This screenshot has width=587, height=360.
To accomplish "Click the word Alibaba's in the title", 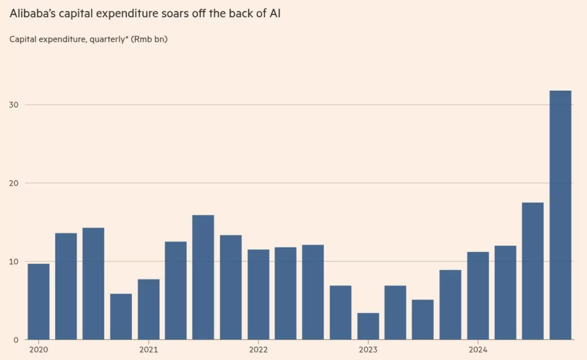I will [x=32, y=14].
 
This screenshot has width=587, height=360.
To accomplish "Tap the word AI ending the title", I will [x=275, y=14].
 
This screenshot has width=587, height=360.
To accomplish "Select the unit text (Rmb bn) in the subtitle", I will [x=149, y=39].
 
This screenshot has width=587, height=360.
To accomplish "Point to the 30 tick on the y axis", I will [x=14, y=105].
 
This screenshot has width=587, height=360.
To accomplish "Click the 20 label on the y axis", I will [x=14, y=183].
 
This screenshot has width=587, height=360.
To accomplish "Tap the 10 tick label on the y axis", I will [x=14, y=262].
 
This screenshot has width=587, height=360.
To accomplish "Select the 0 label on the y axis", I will [x=16, y=340].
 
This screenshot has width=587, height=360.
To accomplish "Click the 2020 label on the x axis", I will [x=39, y=350].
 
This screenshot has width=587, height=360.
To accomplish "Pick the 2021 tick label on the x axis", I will [x=148, y=350].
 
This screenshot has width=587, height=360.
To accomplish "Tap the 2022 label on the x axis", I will [x=258, y=350].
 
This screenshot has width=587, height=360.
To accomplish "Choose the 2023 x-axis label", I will [x=368, y=350].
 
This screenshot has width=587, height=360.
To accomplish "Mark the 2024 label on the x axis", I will [x=478, y=350].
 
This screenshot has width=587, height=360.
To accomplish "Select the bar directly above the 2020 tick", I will [x=39, y=302].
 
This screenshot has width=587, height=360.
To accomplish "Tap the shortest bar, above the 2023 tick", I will [x=368, y=326].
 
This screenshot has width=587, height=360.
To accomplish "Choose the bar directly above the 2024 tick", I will [x=478, y=296].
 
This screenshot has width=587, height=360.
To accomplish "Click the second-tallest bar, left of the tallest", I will [x=533, y=271].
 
